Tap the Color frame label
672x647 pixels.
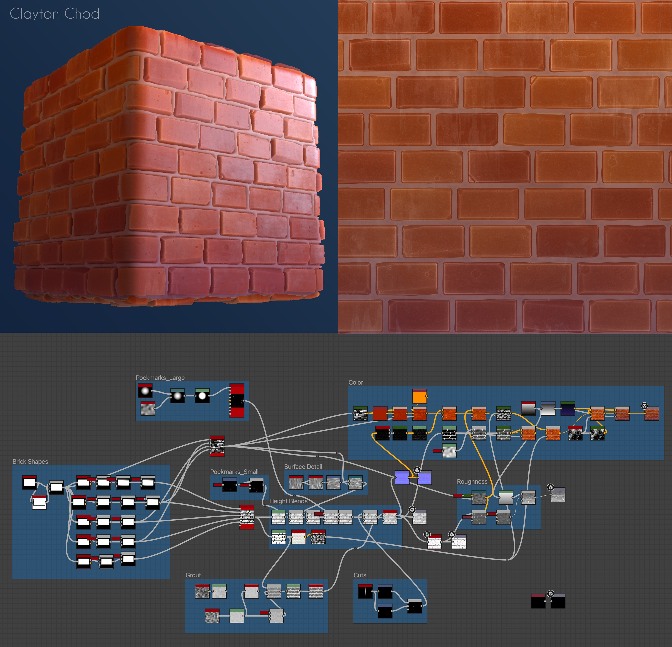point(356,382)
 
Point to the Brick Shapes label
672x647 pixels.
point(30,461)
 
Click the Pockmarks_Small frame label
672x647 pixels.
point(234,472)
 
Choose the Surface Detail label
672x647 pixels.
point(303,467)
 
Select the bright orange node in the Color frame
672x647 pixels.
point(419,396)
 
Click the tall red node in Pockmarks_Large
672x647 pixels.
point(237,401)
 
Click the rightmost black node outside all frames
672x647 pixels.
point(558,601)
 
